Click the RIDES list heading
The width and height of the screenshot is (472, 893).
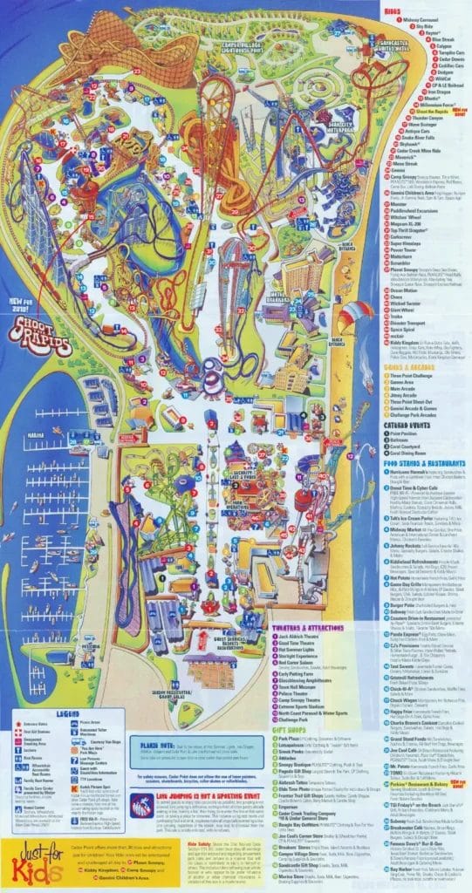[392, 10]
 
